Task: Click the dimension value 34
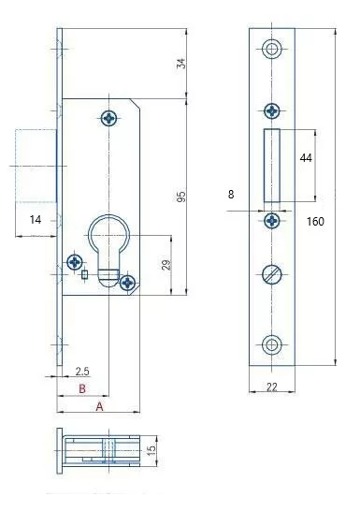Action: click(181, 64)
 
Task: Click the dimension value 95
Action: click(181, 197)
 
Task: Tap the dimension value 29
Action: click(166, 265)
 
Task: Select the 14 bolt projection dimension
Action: click(36, 220)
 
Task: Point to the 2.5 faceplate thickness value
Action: click(82, 372)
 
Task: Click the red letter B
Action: click(82, 388)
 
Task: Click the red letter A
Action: click(99, 406)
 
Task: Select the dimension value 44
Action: click(306, 158)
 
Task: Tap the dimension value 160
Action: click(315, 222)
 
